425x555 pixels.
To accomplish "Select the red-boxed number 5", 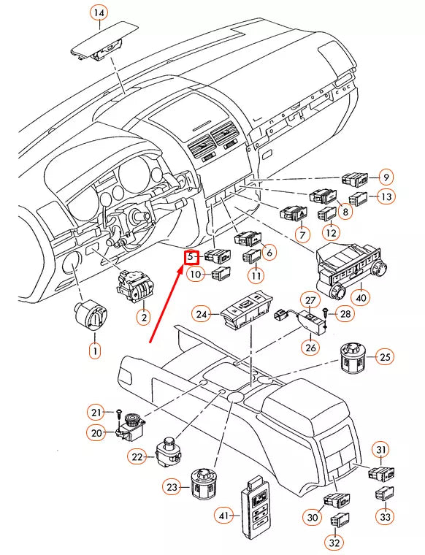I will pos(191,257).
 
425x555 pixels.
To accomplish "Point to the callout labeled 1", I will pos(94,351).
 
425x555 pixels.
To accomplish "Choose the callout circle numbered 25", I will pos(385,357).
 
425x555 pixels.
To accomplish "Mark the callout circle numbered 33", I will pos(385,516).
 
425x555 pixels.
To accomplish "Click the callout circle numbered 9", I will pos(385,176).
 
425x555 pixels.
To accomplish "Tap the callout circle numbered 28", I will pos(346,313).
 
